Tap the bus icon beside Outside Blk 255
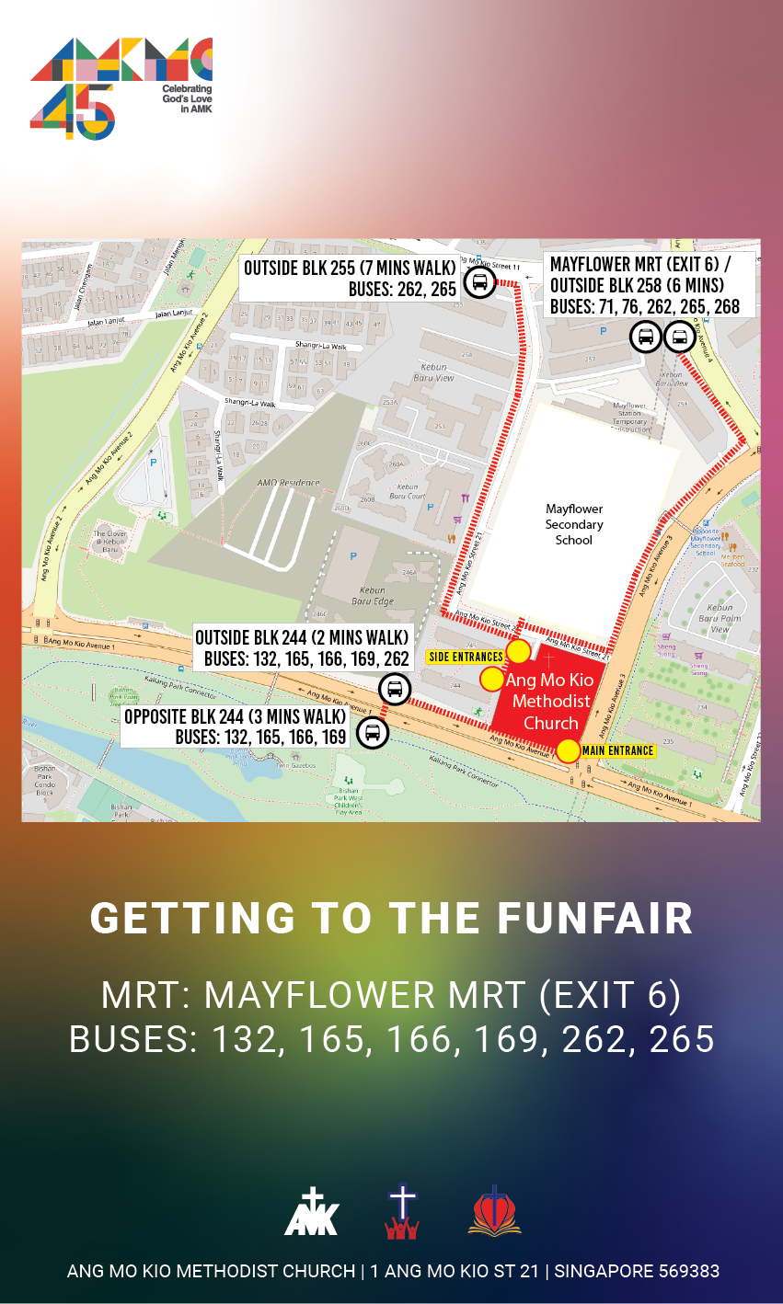[479, 281]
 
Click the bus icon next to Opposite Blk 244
[373, 732]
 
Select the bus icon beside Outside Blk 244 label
[395, 688]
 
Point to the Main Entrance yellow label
[617, 751]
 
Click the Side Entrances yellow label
[466, 657]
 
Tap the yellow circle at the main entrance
[569, 750]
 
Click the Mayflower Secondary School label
[574, 524]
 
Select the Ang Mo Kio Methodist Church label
[550, 702]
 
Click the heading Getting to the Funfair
[391, 918]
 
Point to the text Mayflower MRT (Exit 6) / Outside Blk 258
[638, 275]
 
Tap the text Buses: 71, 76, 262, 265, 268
[645, 306]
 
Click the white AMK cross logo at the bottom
[312, 1211]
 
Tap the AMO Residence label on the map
[288, 483]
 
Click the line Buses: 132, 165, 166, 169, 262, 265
[391, 1039]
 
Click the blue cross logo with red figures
[402, 1212]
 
